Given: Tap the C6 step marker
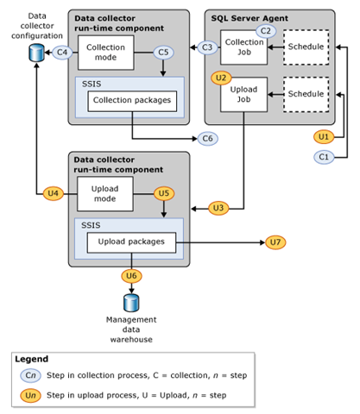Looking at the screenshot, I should click(207, 138).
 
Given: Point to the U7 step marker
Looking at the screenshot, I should click(275, 242).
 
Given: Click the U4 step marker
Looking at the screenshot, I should click(54, 193).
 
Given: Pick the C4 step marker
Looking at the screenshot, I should click(61, 53).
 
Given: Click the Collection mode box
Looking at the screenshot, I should click(104, 53).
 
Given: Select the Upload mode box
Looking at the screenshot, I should click(104, 193).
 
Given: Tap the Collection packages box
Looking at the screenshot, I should click(130, 101).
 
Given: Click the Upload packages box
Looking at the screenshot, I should click(130, 241).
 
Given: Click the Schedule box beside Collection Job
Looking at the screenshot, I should click(306, 47).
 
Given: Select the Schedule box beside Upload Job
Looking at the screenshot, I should click(306, 94).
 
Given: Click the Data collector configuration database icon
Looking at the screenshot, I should click(36, 53).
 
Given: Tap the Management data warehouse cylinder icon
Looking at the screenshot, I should click(130, 303).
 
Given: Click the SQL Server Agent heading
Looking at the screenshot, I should click(243, 18).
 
